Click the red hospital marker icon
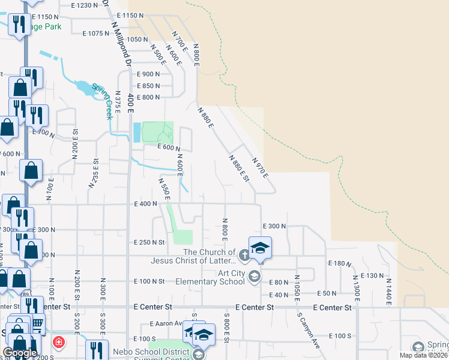point(59,343)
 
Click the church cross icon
point(244,256)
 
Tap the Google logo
point(20,353)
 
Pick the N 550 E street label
point(164,189)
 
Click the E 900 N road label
point(148,74)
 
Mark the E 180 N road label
point(340,263)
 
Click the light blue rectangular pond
point(136,132)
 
